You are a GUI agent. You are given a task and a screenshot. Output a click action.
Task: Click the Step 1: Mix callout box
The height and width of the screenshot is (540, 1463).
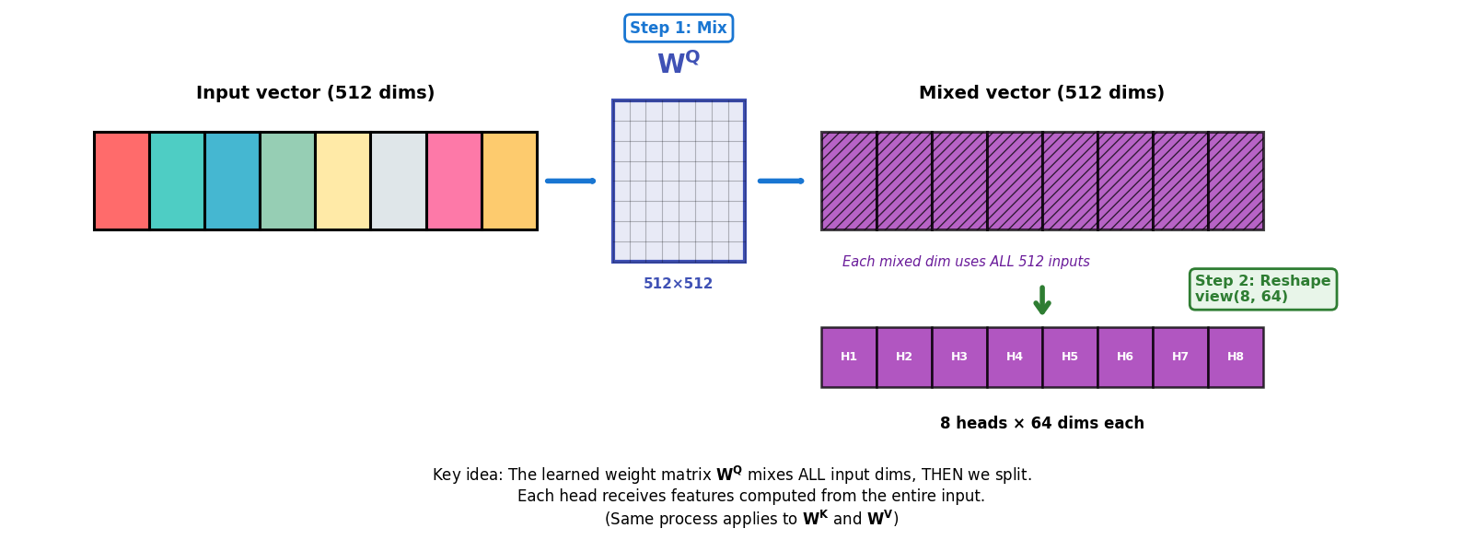[679, 29]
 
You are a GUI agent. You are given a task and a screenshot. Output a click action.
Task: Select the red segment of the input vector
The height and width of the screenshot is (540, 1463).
[122, 181]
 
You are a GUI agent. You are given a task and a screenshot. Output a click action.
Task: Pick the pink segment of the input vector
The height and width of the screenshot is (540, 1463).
[454, 181]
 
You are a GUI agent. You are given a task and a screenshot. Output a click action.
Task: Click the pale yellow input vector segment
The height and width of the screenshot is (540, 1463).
[343, 181]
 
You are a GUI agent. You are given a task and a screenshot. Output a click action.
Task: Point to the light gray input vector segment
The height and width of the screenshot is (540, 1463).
[398, 181]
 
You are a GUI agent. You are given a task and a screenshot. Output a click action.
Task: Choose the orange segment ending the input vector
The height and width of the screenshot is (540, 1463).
[509, 181]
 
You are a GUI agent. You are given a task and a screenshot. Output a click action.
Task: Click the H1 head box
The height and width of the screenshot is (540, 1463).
[849, 358]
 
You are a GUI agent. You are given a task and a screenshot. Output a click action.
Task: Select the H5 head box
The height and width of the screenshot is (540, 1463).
[1070, 358]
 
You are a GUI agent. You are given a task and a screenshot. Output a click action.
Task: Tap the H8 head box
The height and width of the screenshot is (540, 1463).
[1236, 358]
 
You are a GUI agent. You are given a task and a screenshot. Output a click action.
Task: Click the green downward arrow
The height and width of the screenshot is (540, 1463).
[1042, 300]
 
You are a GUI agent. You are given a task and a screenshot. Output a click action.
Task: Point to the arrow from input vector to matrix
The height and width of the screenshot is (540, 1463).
[571, 181]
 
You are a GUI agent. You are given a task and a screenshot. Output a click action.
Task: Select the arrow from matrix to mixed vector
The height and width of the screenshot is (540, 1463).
[781, 181]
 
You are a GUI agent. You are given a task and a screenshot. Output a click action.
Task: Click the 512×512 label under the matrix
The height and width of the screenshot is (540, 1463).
[679, 284]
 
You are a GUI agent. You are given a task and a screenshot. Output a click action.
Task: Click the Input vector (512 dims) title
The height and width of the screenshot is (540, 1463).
[315, 93]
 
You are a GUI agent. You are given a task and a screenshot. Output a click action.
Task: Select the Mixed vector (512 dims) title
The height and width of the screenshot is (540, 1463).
[1041, 93]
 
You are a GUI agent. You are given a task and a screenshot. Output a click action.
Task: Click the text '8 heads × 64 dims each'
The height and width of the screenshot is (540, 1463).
[1041, 424]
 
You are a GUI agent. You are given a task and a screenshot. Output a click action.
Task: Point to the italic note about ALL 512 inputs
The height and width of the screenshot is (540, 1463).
[966, 262]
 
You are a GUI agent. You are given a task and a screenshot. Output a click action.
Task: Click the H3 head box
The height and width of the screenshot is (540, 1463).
[959, 358]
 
